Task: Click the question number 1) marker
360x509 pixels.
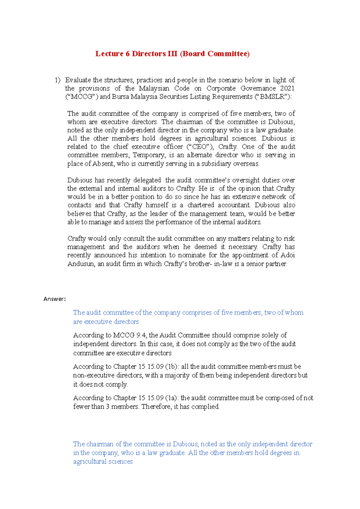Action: pyautogui.click(x=57, y=80)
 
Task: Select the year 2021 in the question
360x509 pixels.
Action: pyautogui.click(x=287, y=88)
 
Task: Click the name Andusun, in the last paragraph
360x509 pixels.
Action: pyautogui.click(x=82, y=264)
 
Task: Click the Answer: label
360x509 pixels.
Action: pyautogui.click(x=54, y=299)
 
